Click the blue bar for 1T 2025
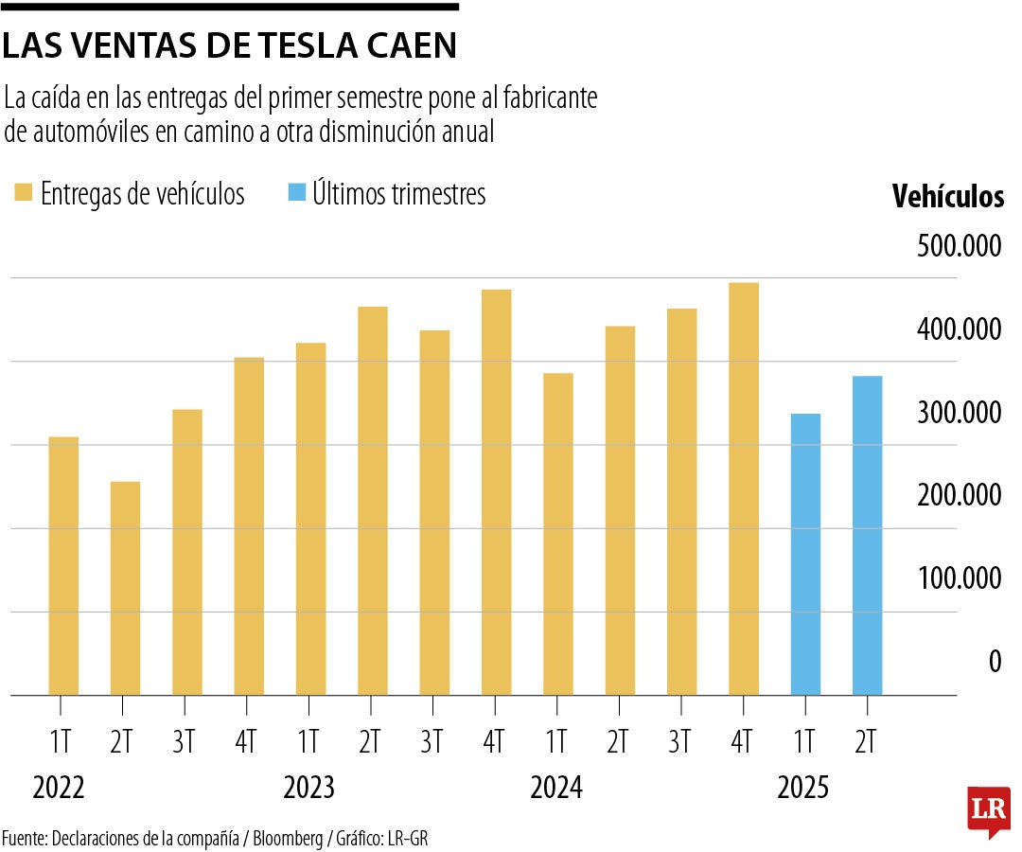click(x=805, y=554)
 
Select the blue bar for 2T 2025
click(x=867, y=535)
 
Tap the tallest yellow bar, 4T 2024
click(x=744, y=488)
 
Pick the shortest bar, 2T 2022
click(x=125, y=588)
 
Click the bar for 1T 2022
click(x=63, y=565)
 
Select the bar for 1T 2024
click(x=558, y=534)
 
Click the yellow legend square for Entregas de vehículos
click(x=23, y=194)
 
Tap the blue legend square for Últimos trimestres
click(x=296, y=194)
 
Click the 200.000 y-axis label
click(x=959, y=495)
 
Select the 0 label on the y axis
click(x=995, y=662)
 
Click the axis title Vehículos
click(x=948, y=197)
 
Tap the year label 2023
click(x=309, y=788)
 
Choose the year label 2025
click(x=803, y=788)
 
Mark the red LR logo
click(x=988, y=809)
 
